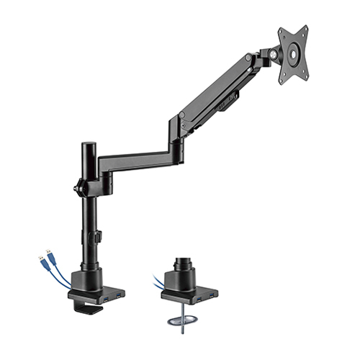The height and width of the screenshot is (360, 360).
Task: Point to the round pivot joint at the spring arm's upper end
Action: tap(248, 58)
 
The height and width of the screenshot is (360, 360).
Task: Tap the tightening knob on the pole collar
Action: tap(76, 189)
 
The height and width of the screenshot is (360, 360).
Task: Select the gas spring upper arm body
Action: tap(216, 90)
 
